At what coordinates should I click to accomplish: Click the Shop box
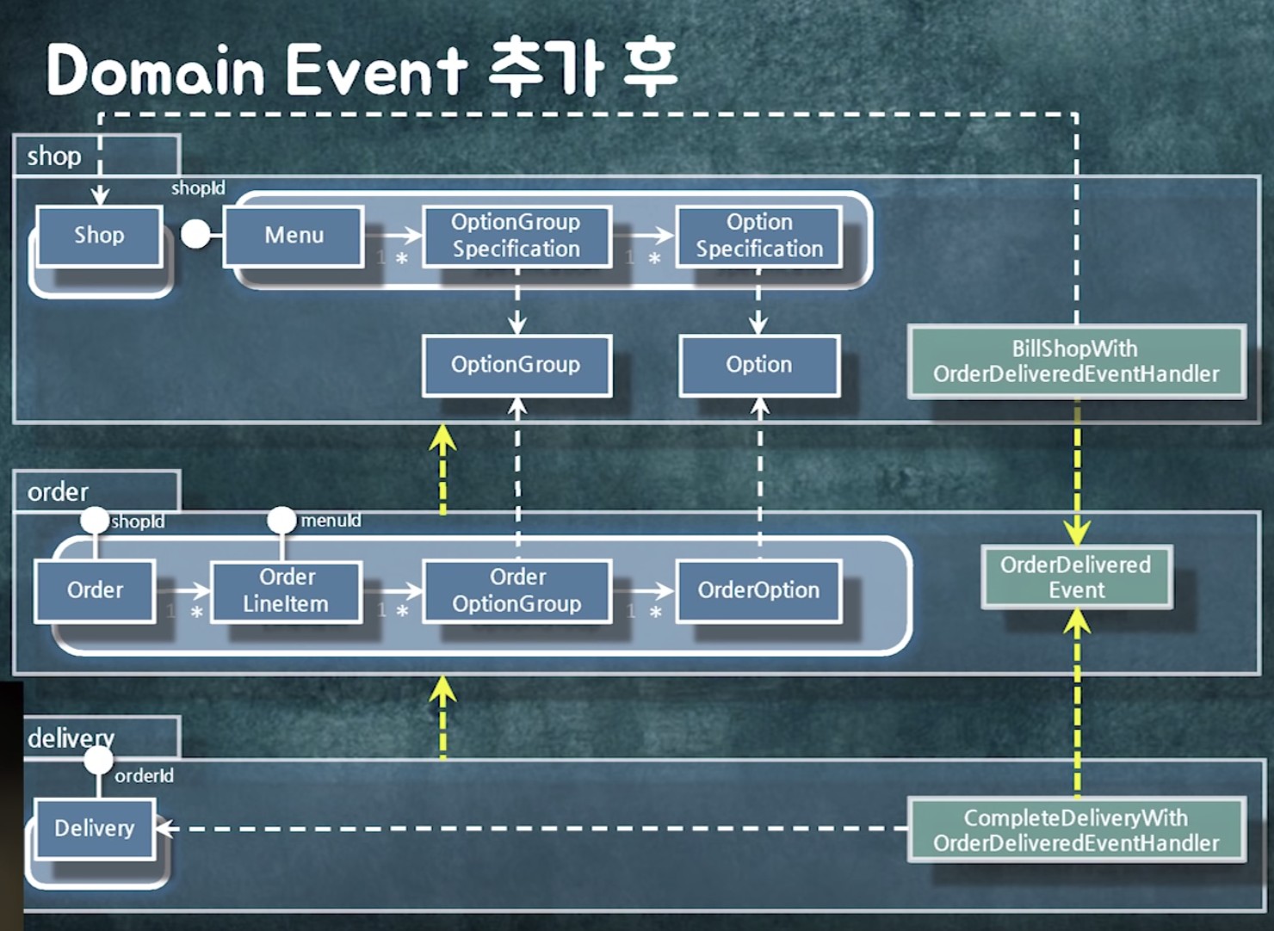99,236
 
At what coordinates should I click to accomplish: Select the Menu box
294,236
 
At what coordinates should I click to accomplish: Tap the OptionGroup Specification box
516,236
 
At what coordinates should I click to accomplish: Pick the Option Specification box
758,236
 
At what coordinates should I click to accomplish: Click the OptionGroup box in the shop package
516,365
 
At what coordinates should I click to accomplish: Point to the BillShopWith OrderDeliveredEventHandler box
1076,361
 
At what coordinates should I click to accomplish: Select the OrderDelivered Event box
1076,577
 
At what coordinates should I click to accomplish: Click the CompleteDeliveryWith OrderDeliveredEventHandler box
1076,830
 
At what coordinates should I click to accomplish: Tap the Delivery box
95,829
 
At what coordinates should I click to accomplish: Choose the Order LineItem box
287,590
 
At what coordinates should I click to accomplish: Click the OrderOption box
758,590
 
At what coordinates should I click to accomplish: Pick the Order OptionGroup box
516,590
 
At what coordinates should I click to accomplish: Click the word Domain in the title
155,71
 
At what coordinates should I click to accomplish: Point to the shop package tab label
54,157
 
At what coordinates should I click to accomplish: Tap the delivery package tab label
71,738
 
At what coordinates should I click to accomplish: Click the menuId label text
331,521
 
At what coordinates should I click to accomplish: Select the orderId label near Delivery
144,776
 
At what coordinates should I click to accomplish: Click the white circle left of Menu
195,234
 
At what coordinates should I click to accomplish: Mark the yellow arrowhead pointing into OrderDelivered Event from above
1077,533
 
